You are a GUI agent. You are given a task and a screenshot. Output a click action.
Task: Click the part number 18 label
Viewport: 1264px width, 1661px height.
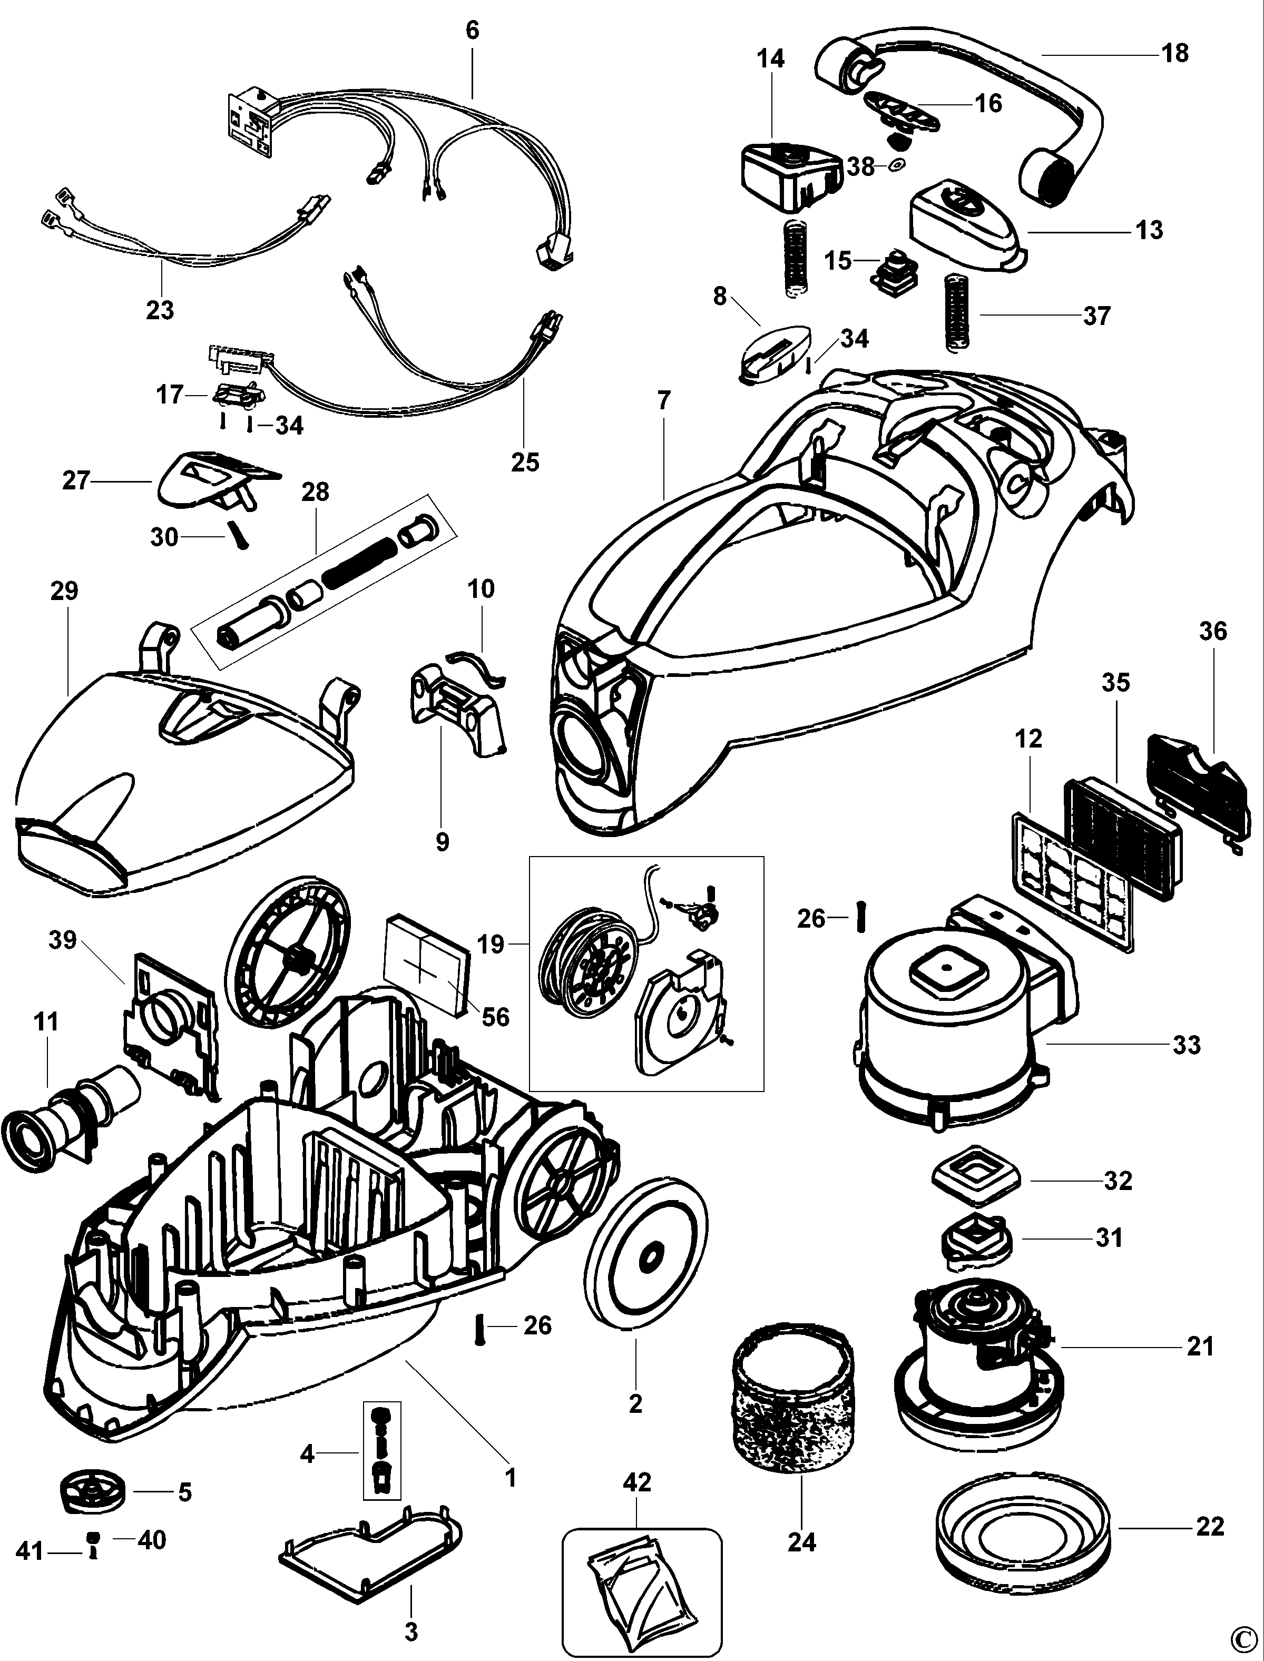coord(1175,53)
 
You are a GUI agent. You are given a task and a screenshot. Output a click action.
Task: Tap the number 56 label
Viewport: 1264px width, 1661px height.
coord(495,1017)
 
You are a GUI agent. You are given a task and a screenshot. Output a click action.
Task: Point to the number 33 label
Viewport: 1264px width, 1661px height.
coord(1187,1044)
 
